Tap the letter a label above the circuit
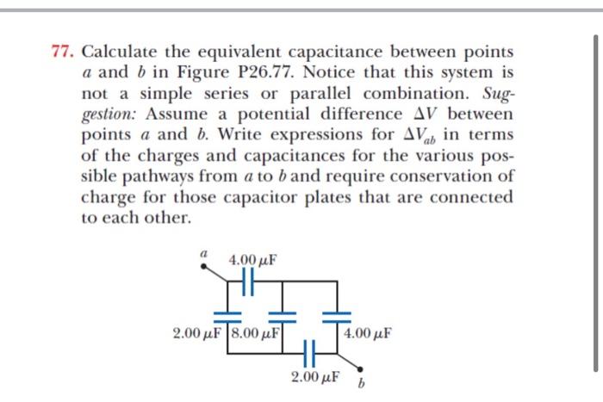click(x=205, y=254)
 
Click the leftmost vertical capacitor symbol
click(x=227, y=309)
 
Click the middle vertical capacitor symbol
click(x=278, y=309)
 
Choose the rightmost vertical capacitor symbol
click(x=337, y=309)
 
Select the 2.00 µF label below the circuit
click(x=314, y=377)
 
